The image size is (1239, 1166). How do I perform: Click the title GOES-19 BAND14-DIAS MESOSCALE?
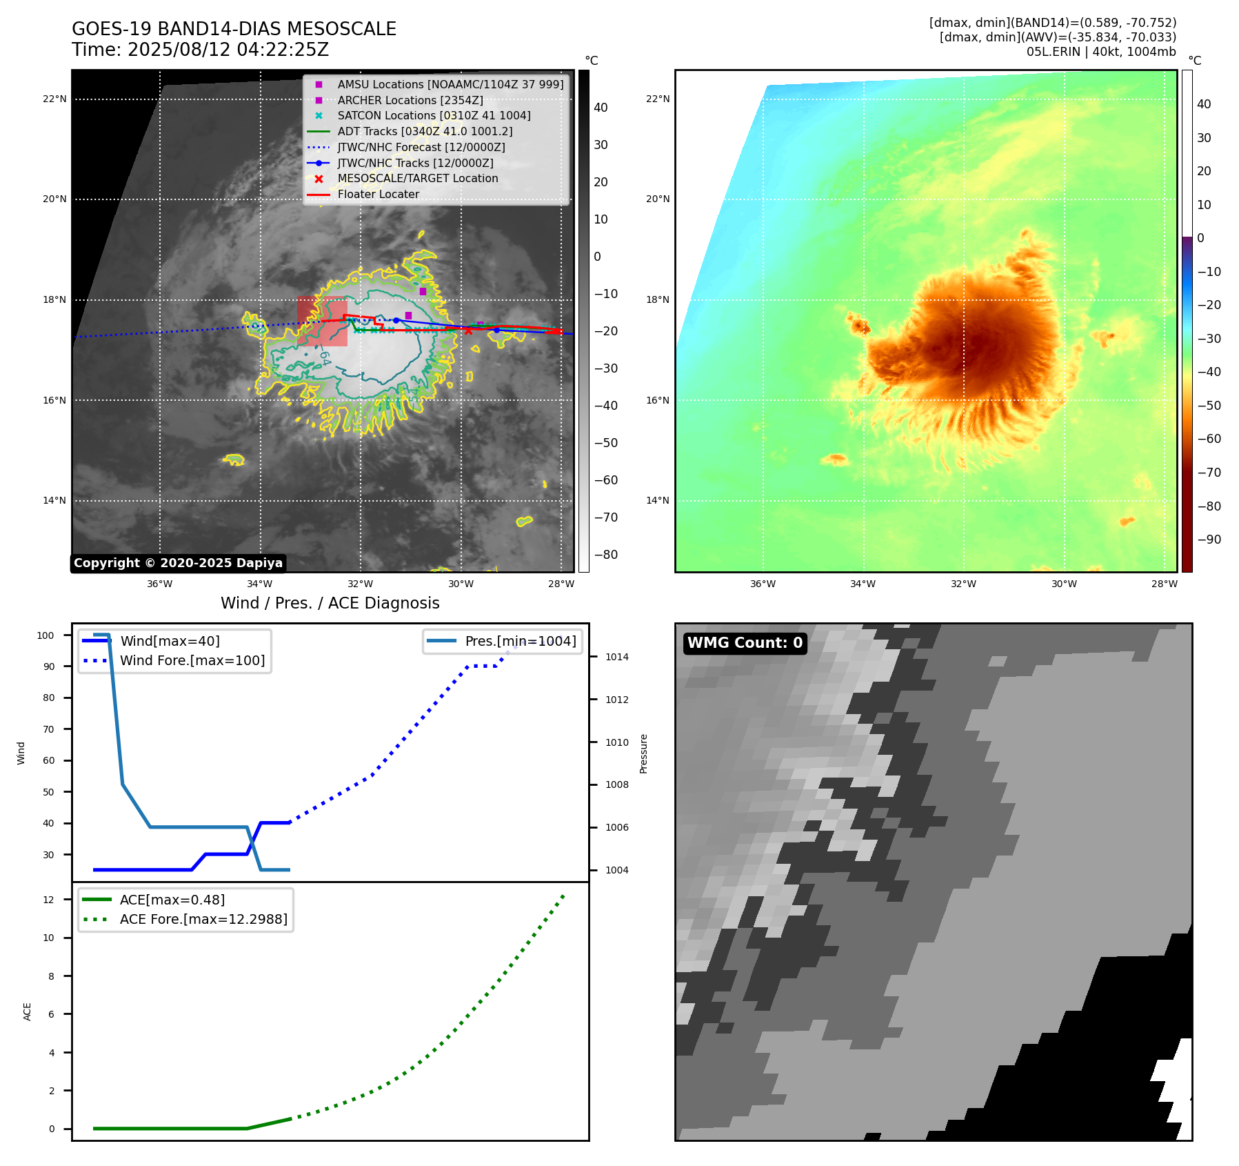pos(234,29)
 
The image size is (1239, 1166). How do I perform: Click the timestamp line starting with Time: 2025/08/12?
pos(200,50)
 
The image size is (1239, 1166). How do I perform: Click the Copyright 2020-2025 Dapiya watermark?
pos(178,563)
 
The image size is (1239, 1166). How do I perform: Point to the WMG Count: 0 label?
pos(745,643)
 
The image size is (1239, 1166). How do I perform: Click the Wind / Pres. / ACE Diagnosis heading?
pos(330,603)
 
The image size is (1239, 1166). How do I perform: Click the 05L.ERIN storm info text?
pos(1100,52)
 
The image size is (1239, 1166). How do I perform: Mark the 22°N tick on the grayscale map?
pos(54,99)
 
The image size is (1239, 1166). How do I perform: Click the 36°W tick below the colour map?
pos(763,584)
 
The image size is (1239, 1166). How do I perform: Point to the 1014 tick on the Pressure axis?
pos(616,657)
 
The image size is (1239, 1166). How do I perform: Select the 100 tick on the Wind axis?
pos(46,635)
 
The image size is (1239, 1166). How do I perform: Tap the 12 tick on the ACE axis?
pos(48,900)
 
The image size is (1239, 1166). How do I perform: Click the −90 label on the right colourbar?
pos(1209,540)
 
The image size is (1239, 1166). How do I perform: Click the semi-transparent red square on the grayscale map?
pos(322,321)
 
